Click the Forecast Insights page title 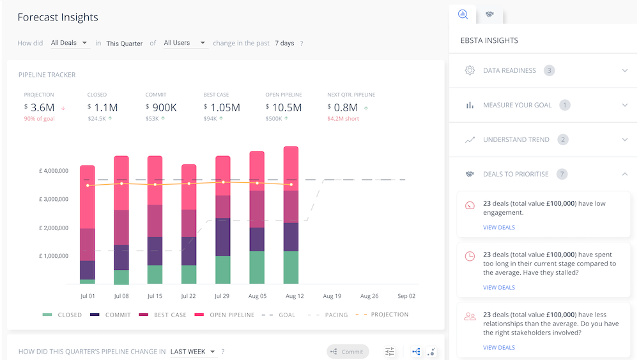pyautogui.click(x=58, y=17)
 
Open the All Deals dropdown pyautogui.click(x=69, y=43)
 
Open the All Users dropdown pyautogui.click(x=184, y=43)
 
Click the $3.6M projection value pyautogui.click(x=43, y=107)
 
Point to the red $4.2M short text pyautogui.click(x=344, y=118)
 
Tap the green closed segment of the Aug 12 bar pyautogui.click(x=291, y=267)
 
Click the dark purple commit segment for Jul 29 pyautogui.click(x=223, y=237)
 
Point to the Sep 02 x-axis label pyautogui.click(x=406, y=296)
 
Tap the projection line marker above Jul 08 pyautogui.click(x=121, y=184)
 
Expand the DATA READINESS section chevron pyautogui.click(x=625, y=70)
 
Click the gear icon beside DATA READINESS pyautogui.click(x=470, y=70)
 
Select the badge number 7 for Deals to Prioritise pyautogui.click(x=562, y=174)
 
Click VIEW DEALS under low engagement pyautogui.click(x=498, y=227)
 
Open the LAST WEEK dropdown pyautogui.click(x=193, y=352)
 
